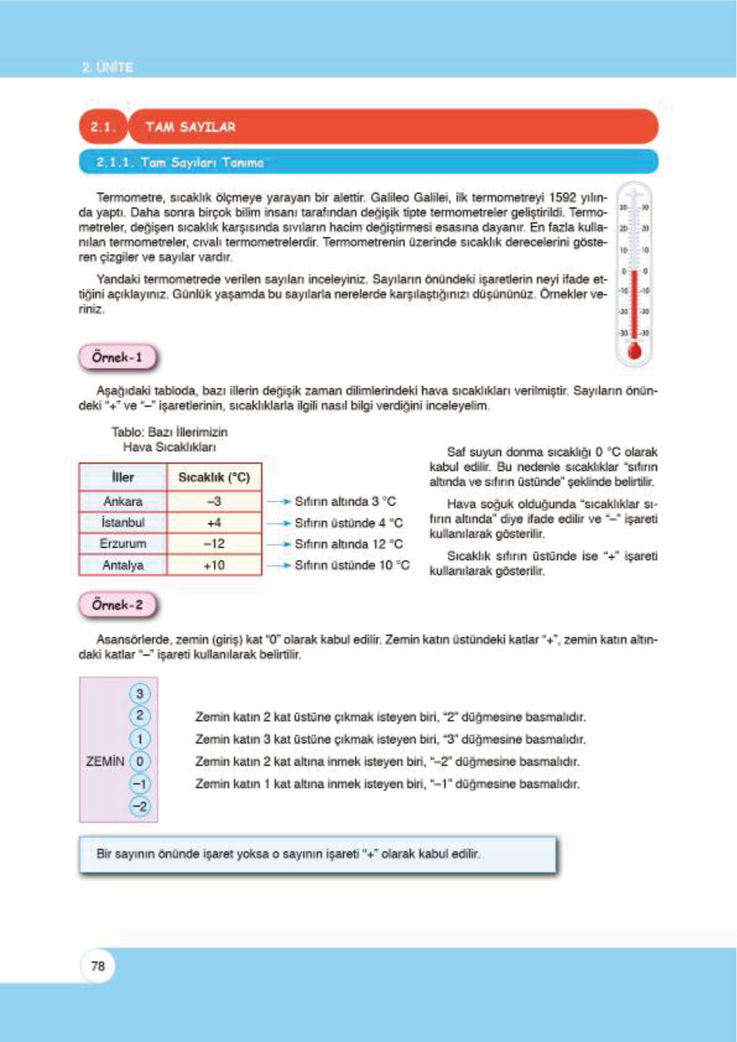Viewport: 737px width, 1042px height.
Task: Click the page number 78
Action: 98,966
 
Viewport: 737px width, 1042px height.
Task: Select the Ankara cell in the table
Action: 123,501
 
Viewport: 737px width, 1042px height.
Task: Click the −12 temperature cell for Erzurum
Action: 214,544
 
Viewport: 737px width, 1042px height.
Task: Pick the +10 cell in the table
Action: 214,565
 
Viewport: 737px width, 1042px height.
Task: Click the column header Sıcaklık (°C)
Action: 214,477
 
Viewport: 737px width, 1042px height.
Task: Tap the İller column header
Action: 123,477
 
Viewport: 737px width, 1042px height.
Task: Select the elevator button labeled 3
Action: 140,694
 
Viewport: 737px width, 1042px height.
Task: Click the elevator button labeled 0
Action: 140,761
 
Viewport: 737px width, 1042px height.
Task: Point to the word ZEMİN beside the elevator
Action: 105,761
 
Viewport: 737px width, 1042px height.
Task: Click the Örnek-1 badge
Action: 118,358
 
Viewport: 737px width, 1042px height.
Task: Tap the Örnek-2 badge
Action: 118,605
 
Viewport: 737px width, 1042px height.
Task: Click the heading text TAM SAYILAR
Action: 191,127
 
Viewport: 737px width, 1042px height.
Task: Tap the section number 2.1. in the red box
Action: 103,127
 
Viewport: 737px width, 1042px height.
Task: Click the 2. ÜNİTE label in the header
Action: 108,67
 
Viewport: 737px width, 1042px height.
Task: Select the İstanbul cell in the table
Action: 123,523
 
